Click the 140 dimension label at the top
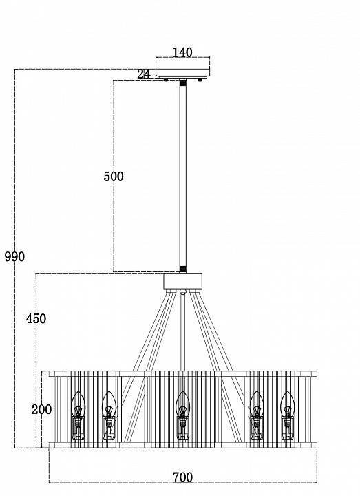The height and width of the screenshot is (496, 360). [182, 52]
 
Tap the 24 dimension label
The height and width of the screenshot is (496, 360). [144, 74]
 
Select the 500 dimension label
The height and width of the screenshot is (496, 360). [114, 176]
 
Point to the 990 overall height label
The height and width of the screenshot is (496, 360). [14, 256]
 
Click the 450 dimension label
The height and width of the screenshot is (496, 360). [36, 318]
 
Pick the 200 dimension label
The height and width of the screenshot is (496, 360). [41, 409]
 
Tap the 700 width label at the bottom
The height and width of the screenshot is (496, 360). [182, 477]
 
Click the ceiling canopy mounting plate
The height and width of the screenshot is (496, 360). [182, 68]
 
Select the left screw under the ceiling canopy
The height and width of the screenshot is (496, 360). [166, 80]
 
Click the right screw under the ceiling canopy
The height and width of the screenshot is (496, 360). [200, 80]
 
